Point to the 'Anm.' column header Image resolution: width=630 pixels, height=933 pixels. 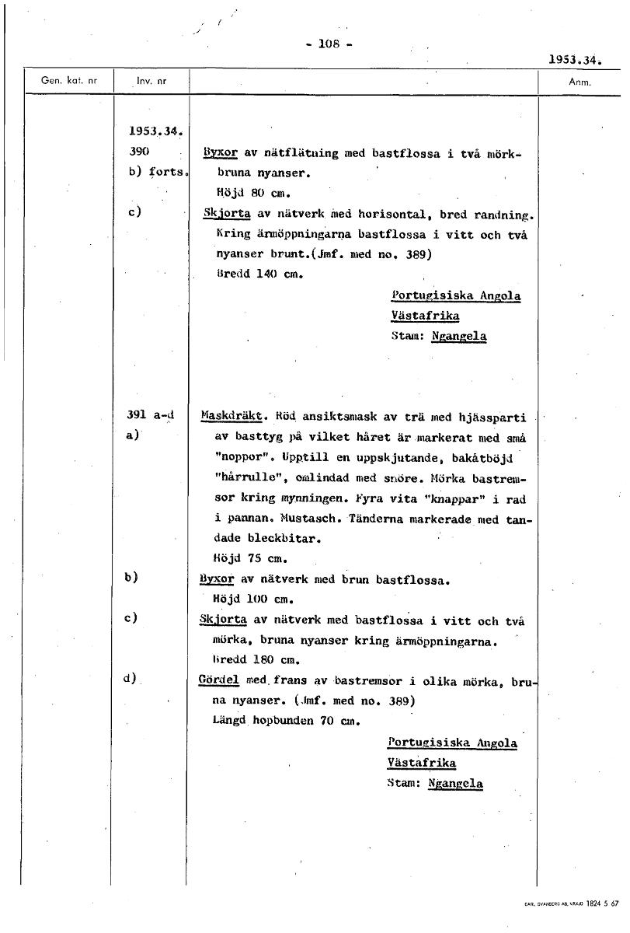(580, 81)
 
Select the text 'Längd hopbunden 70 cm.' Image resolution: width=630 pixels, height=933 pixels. (284, 720)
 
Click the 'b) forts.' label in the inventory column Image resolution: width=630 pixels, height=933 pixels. (155, 173)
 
